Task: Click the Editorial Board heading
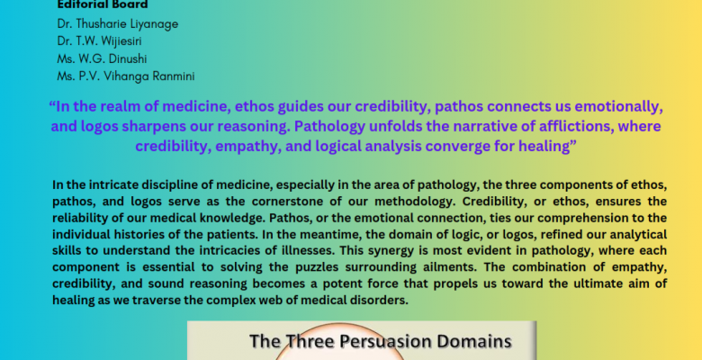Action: tap(103, 4)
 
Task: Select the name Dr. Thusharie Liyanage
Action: tap(118, 23)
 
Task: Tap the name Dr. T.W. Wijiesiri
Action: tap(99, 41)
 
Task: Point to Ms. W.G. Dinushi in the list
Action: tap(102, 58)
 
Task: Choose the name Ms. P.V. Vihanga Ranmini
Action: tap(126, 76)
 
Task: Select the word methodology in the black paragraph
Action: tap(421, 202)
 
